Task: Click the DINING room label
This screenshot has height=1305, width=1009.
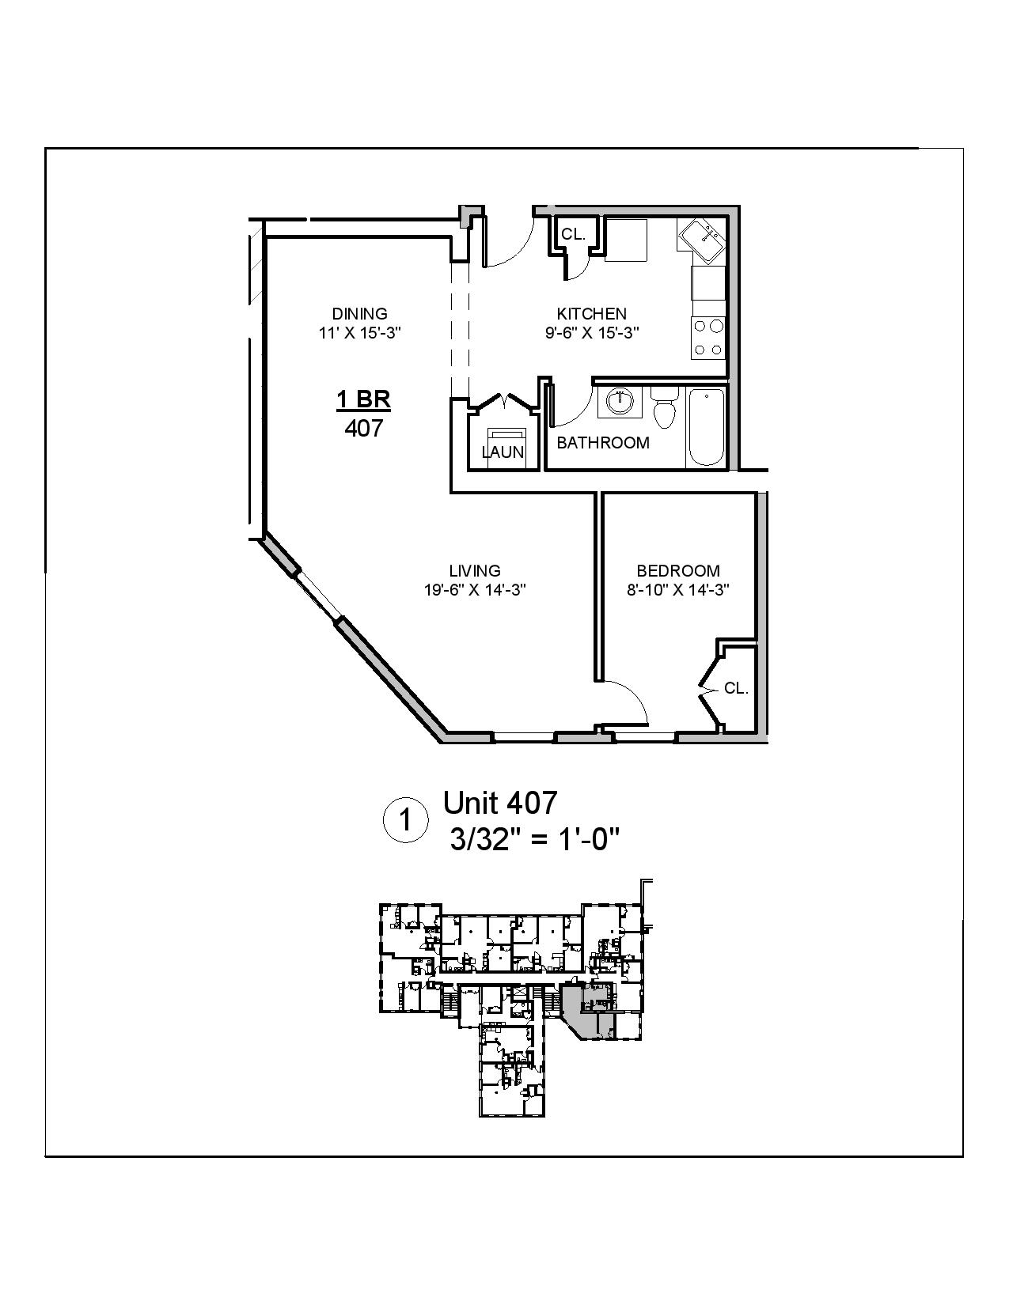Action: [360, 313]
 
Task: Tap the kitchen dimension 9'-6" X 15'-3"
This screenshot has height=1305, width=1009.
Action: [591, 333]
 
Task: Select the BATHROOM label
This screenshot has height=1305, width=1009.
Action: [603, 443]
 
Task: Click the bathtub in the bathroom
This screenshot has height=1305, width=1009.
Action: [706, 427]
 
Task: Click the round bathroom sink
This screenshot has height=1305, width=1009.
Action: [620, 402]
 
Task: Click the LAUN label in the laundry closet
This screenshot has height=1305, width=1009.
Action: [503, 452]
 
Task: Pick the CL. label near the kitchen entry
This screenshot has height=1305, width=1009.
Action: [573, 234]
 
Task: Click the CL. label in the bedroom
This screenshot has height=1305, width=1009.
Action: [736, 688]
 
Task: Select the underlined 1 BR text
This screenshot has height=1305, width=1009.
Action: [364, 399]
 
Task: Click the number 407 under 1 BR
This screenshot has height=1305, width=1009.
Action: [364, 428]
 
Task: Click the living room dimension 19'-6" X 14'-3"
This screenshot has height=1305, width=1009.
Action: [475, 590]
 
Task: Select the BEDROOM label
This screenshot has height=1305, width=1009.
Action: [678, 570]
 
